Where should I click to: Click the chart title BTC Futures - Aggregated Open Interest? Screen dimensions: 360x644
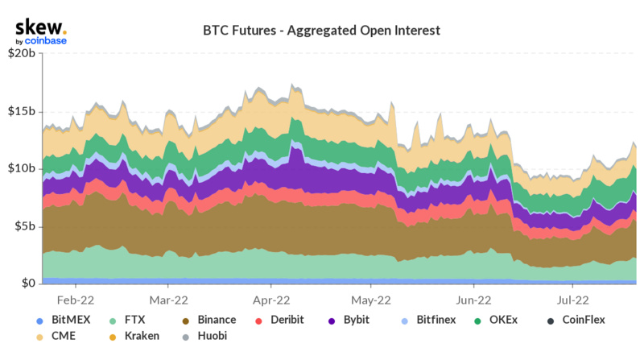(x=321, y=31)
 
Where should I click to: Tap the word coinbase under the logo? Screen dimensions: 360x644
(x=46, y=41)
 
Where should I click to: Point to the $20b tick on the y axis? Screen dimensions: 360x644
(x=22, y=54)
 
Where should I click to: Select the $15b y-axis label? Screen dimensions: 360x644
(x=22, y=111)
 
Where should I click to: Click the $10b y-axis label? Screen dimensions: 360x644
(x=22, y=168)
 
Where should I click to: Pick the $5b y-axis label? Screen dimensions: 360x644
(x=24, y=226)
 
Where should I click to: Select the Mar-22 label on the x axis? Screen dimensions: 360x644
(x=169, y=299)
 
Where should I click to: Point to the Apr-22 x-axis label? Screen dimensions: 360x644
(x=270, y=299)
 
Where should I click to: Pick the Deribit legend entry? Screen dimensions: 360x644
(x=288, y=321)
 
